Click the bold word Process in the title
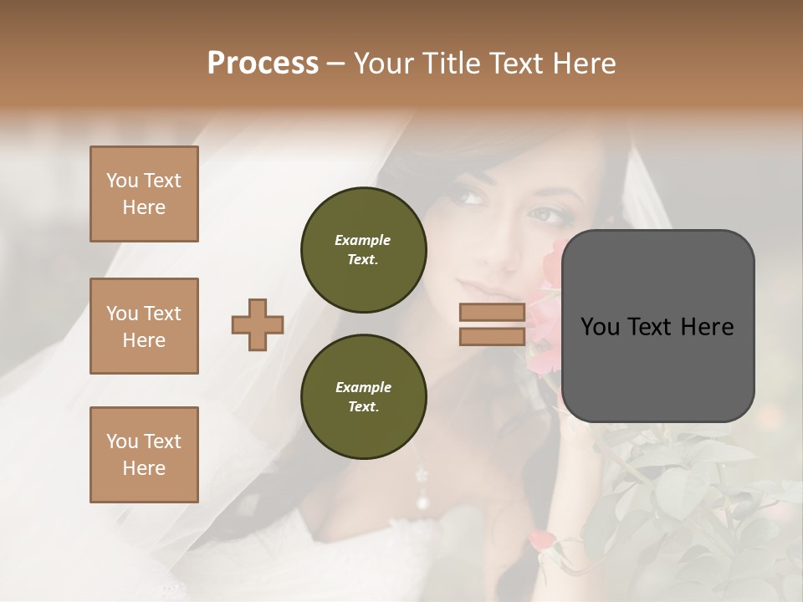pyautogui.click(x=263, y=64)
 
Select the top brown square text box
pyautogui.click(x=144, y=194)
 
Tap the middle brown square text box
pyautogui.click(x=144, y=326)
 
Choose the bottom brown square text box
pyautogui.click(x=144, y=455)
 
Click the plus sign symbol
pyautogui.click(x=258, y=324)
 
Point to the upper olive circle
pyautogui.click(x=363, y=250)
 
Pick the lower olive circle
pyautogui.click(x=363, y=397)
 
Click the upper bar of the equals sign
pyautogui.click(x=492, y=313)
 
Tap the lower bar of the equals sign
pyautogui.click(x=492, y=336)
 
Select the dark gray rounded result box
pyautogui.click(x=657, y=326)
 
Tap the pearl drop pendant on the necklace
pyautogui.click(x=423, y=501)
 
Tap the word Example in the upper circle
pyautogui.click(x=363, y=240)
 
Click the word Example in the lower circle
pyautogui.click(x=363, y=387)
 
